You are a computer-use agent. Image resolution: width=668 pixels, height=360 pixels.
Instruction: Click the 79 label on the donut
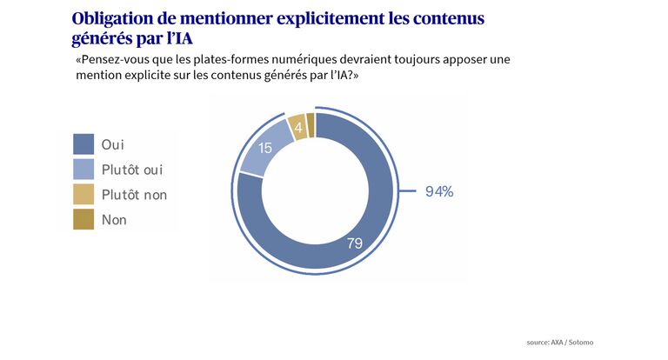[x=354, y=243]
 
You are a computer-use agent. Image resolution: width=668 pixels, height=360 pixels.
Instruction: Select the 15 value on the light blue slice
[x=266, y=149]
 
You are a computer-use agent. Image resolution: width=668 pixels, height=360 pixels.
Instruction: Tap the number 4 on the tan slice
[x=298, y=129]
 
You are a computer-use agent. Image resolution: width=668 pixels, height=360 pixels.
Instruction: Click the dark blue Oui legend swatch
[x=83, y=144]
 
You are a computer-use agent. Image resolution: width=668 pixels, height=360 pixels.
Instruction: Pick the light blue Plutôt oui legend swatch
[x=83, y=170]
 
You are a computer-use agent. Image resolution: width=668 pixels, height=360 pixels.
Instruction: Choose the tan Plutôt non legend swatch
[x=83, y=195]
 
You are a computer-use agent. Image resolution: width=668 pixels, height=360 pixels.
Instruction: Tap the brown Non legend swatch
[x=83, y=220]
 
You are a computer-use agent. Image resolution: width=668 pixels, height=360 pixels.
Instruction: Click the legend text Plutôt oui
[x=132, y=170]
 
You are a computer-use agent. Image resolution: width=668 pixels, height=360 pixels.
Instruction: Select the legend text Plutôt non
[x=134, y=195]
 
